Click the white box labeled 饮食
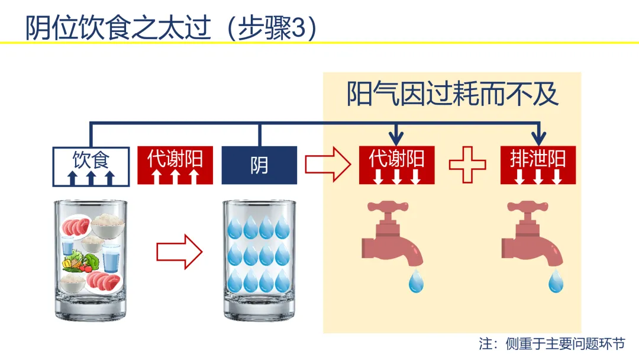pos(91,167)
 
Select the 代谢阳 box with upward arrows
pos(175,165)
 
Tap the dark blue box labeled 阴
pos(259,165)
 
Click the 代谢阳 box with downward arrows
pos(396,165)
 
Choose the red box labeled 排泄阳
pos(538,165)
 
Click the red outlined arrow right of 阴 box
pos(328,165)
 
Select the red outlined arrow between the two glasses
pos(179,252)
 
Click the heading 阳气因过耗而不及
pos(452,94)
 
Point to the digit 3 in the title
pos(298,28)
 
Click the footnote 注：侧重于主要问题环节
pos(552,343)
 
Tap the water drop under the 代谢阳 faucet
pos(416,281)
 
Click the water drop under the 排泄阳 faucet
pos(556,281)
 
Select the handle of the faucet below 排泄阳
pos(528,207)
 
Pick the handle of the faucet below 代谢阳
pos(388,207)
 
